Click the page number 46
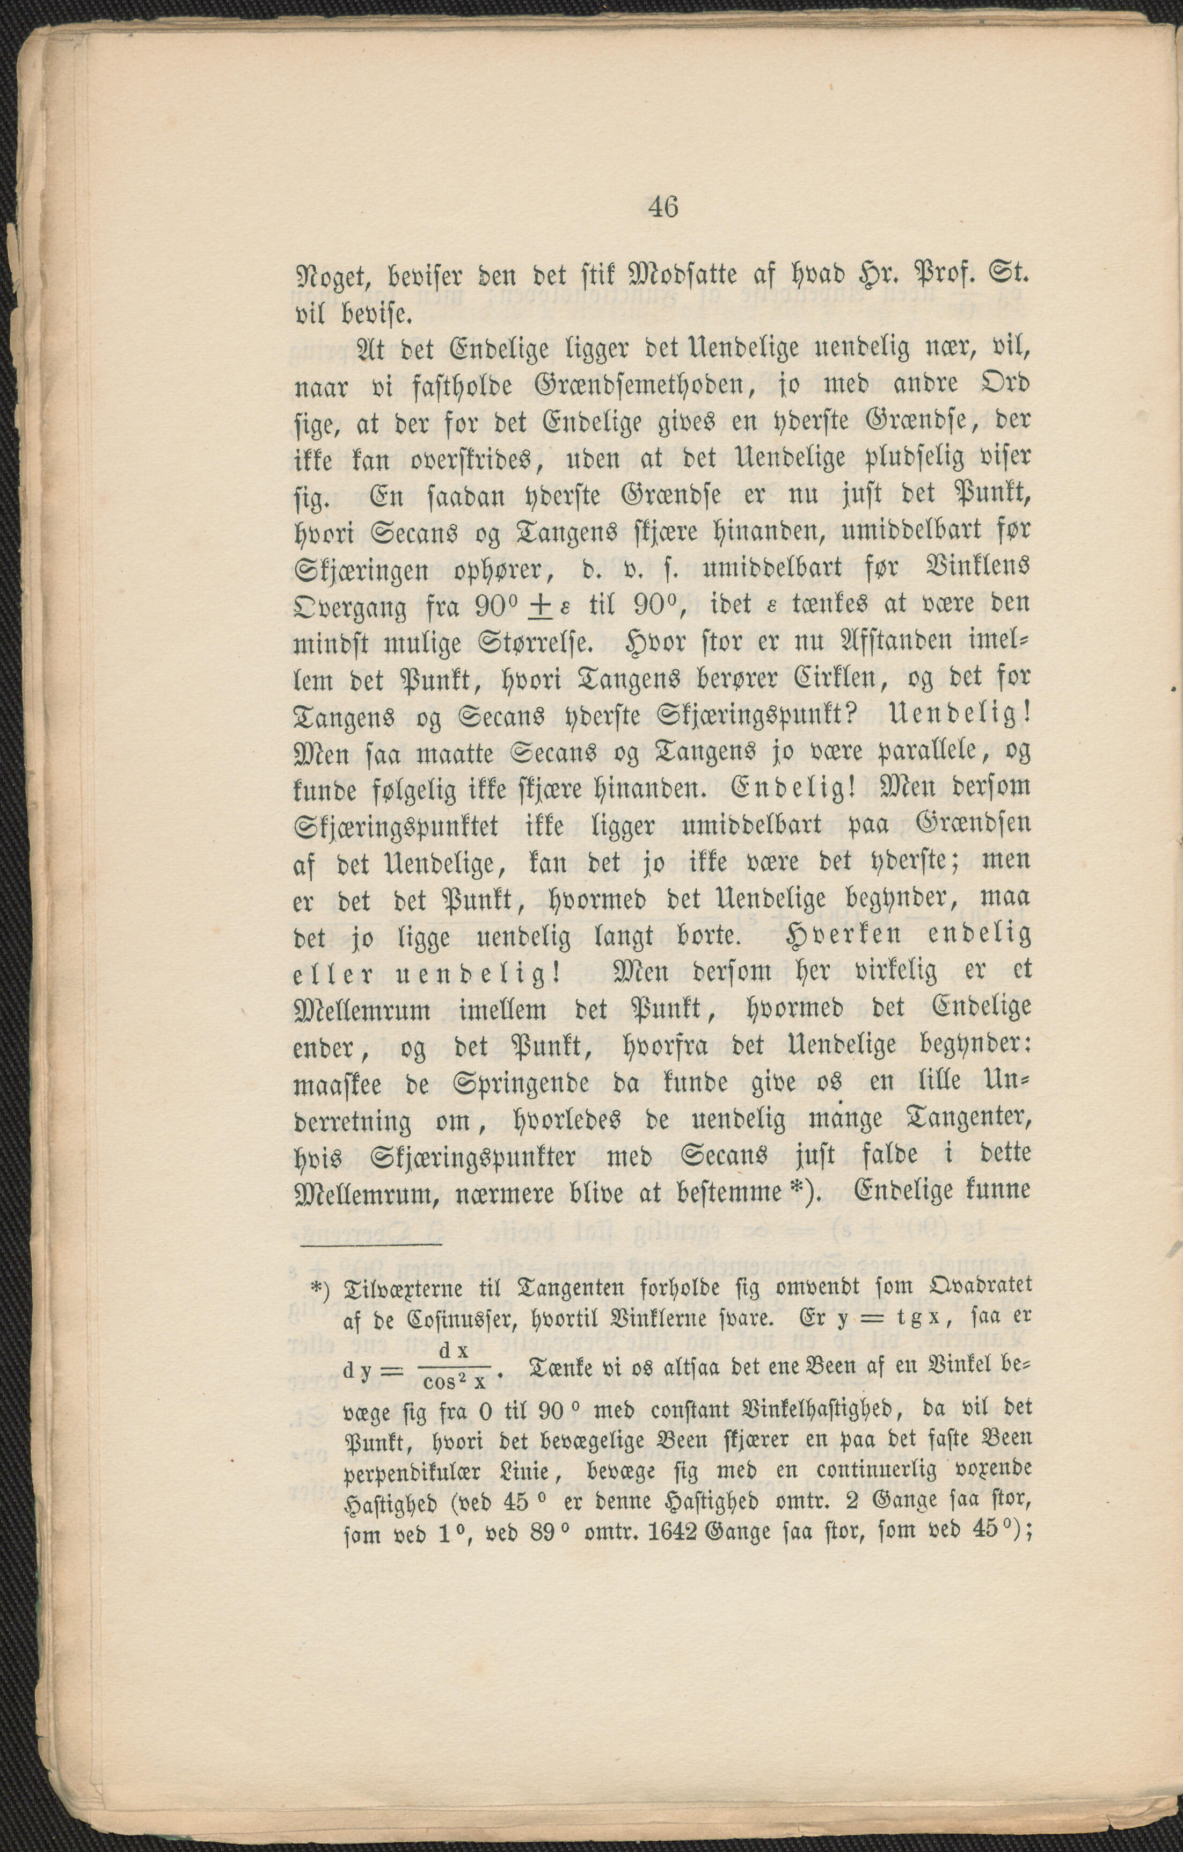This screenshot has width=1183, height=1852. (662, 208)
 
